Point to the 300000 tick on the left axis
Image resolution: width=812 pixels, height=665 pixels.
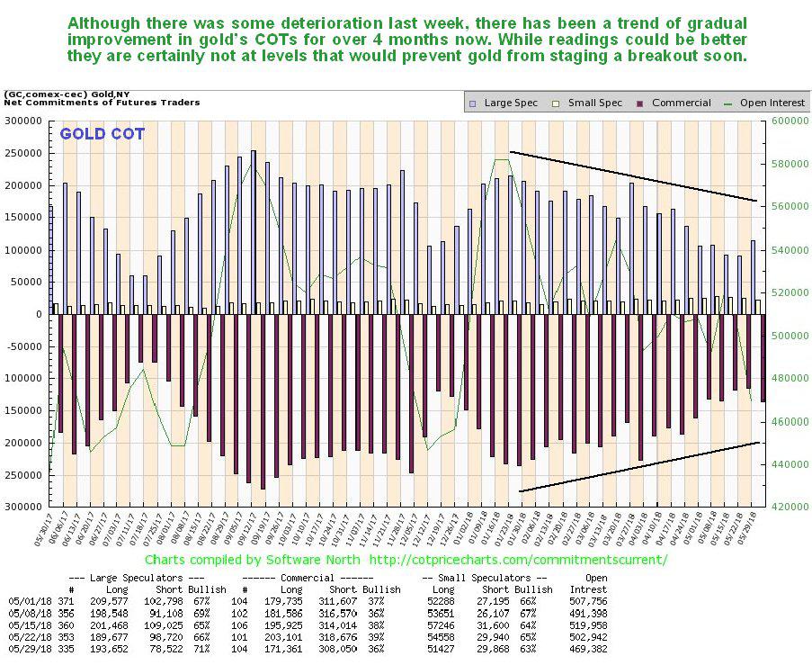click(24, 121)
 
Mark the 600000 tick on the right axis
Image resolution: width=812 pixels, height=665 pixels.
click(782, 121)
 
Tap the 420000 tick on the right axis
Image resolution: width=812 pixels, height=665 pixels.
click(782, 508)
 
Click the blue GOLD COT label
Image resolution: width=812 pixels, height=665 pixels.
click(102, 135)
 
